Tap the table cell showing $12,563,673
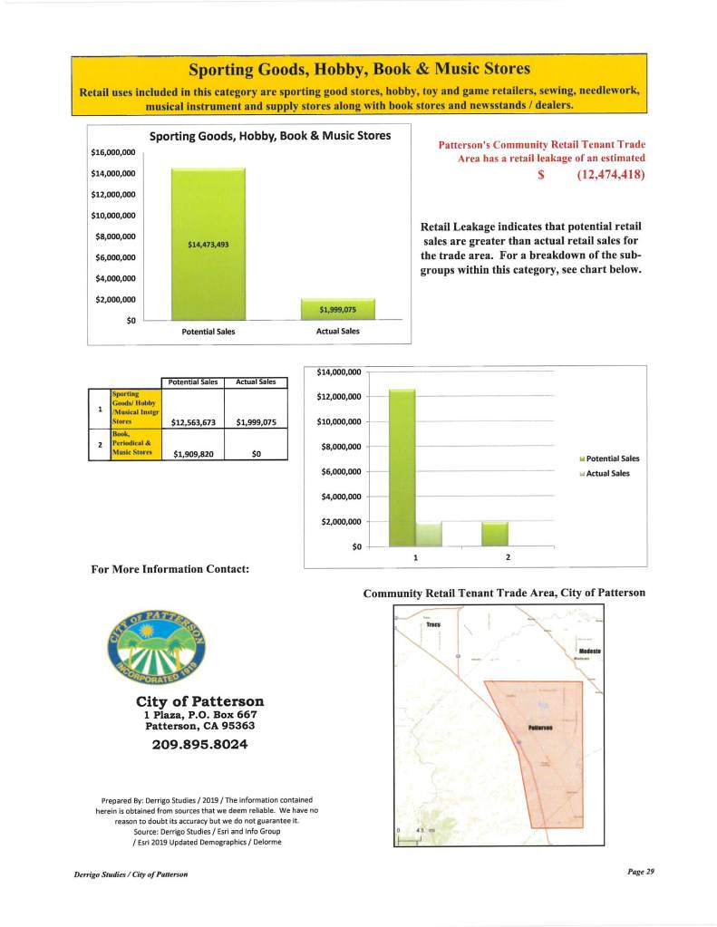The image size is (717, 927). click(191, 420)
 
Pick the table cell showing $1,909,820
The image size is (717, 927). click(191, 454)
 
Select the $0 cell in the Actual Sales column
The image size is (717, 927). click(256, 454)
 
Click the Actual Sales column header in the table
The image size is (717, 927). click(256, 381)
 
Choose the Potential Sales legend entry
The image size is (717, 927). click(609, 459)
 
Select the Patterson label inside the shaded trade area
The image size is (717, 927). click(540, 728)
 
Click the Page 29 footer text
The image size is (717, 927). click(640, 871)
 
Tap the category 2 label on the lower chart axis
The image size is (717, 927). click(508, 556)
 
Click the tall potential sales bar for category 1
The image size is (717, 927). click(402, 467)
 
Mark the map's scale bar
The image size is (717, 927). click(409, 838)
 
